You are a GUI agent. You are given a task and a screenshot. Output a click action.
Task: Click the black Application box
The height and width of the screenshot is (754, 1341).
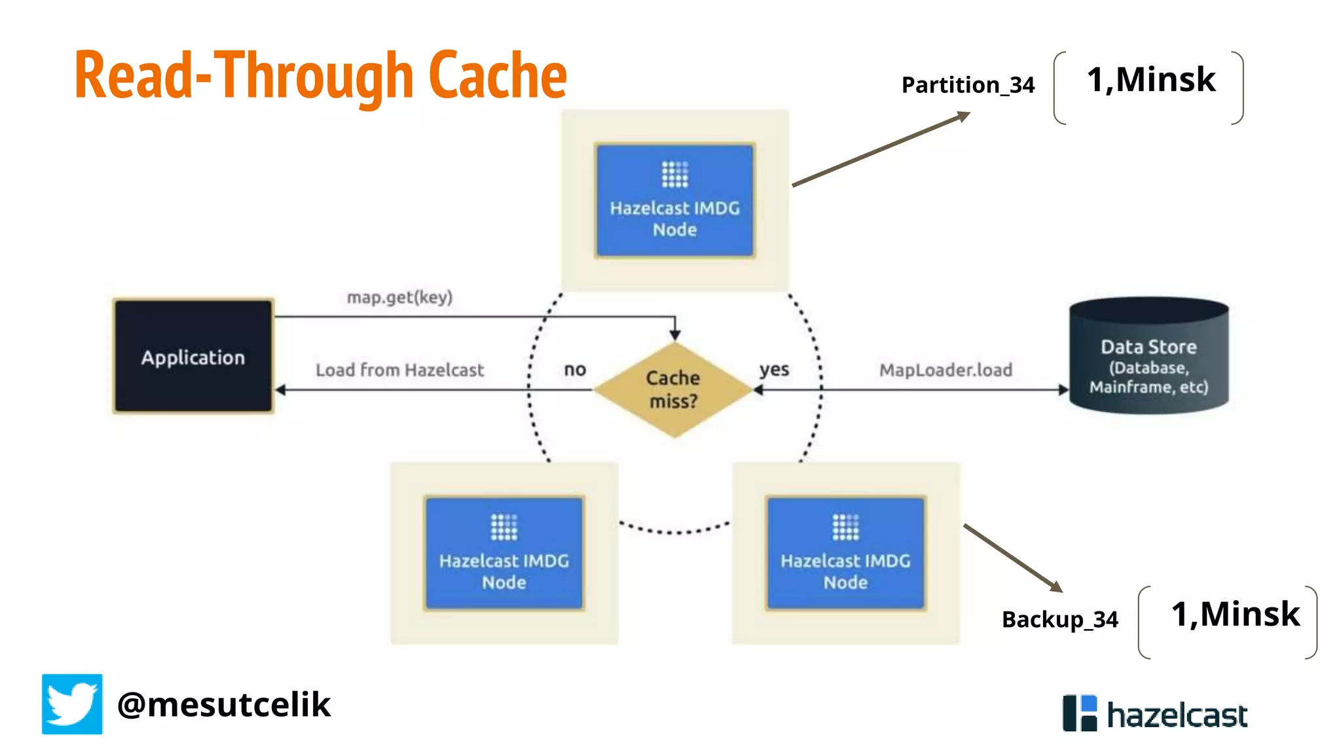[193, 357]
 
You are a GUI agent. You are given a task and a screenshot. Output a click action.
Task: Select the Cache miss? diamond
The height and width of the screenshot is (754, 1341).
[674, 389]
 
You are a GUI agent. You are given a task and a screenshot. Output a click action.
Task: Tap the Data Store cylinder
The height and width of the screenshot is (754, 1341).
[1148, 357]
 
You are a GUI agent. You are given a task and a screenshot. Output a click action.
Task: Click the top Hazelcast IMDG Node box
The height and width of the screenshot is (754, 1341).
[674, 200]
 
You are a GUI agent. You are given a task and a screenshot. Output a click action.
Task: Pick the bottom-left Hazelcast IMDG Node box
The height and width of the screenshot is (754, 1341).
[504, 553]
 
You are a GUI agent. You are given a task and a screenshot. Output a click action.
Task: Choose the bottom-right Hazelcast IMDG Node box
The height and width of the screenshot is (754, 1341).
[845, 553]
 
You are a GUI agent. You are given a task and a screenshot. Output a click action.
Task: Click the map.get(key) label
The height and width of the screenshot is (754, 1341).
[399, 297]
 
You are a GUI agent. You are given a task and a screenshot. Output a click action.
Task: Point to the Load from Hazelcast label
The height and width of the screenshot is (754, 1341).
[399, 370]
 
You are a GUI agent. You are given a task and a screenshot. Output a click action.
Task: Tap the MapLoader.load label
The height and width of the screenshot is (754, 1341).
[946, 370]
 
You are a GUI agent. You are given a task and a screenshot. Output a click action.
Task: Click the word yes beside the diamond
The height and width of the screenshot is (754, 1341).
[774, 370]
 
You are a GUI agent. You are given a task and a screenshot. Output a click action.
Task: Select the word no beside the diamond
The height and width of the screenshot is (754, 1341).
[575, 370]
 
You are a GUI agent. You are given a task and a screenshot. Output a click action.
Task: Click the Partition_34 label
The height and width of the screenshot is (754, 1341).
[968, 85]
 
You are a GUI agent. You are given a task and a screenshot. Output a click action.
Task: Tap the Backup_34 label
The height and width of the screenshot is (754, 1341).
[1059, 619]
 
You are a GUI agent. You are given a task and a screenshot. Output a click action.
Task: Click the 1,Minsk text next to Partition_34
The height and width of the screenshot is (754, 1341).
[1150, 80]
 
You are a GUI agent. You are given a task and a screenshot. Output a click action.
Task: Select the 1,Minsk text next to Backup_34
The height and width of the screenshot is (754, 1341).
[1235, 614]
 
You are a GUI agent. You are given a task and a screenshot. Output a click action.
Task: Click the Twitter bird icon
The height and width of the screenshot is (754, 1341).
[72, 704]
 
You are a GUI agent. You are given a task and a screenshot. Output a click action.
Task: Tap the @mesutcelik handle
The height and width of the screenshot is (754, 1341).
[224, 704]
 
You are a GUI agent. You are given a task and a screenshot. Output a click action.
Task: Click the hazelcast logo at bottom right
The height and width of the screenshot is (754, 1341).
[1155, 713]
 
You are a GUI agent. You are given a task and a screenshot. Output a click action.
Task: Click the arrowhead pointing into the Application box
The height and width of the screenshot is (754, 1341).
[281, 390]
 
